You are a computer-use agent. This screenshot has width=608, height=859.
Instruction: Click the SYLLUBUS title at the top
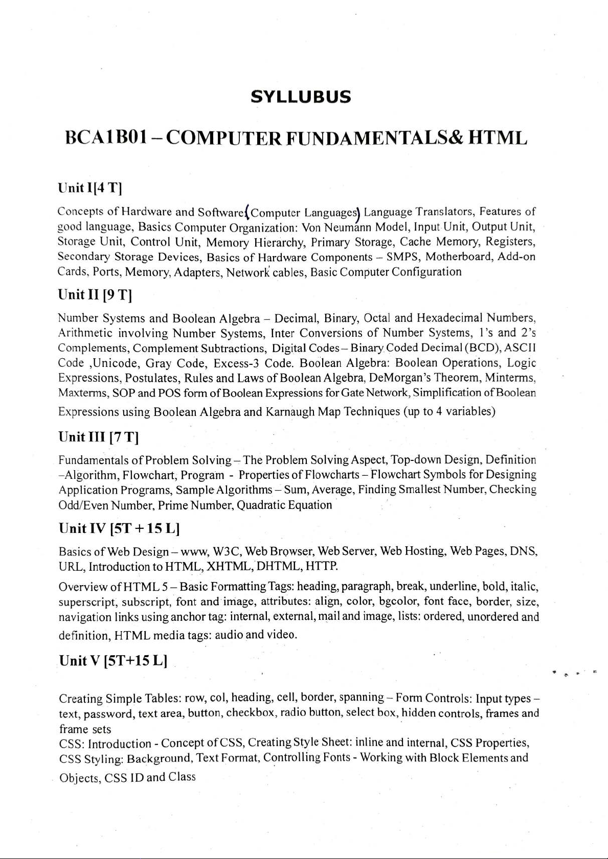301,97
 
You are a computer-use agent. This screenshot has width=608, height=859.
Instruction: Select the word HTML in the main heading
498,138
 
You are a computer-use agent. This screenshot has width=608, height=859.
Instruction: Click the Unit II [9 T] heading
96,295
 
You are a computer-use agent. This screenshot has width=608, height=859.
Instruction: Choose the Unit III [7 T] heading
99,437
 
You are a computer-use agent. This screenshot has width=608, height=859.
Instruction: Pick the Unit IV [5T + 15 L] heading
119,528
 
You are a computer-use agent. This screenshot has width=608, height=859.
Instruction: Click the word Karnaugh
290,412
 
